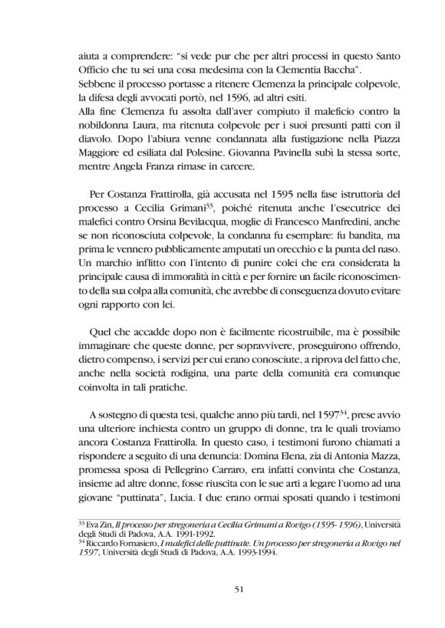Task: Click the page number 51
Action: point(222,588)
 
